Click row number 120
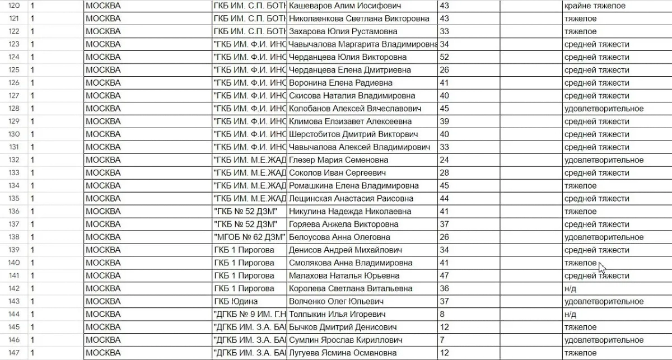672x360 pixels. coord(12,6)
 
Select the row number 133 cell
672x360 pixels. coord(12,173)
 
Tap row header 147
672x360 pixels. coord(12,353)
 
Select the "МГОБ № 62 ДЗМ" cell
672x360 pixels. coord(249,237)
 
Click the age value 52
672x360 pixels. coord(445,57)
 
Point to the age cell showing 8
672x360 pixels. coord(442,315)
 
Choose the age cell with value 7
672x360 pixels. coord(442,340)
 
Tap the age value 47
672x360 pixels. coord(445,276)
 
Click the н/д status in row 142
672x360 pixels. coord(570,289)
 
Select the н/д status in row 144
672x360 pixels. coord(570,315)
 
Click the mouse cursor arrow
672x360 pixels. coord(602,268)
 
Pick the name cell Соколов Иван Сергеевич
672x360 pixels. coord(337,173)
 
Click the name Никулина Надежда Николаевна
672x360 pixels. coord(349,212)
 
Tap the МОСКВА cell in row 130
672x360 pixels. coord(103,134)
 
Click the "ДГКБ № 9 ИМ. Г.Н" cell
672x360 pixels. coord(249,315)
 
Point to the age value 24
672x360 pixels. coord(445,160)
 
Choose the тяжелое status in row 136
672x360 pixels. coord(580,212)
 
